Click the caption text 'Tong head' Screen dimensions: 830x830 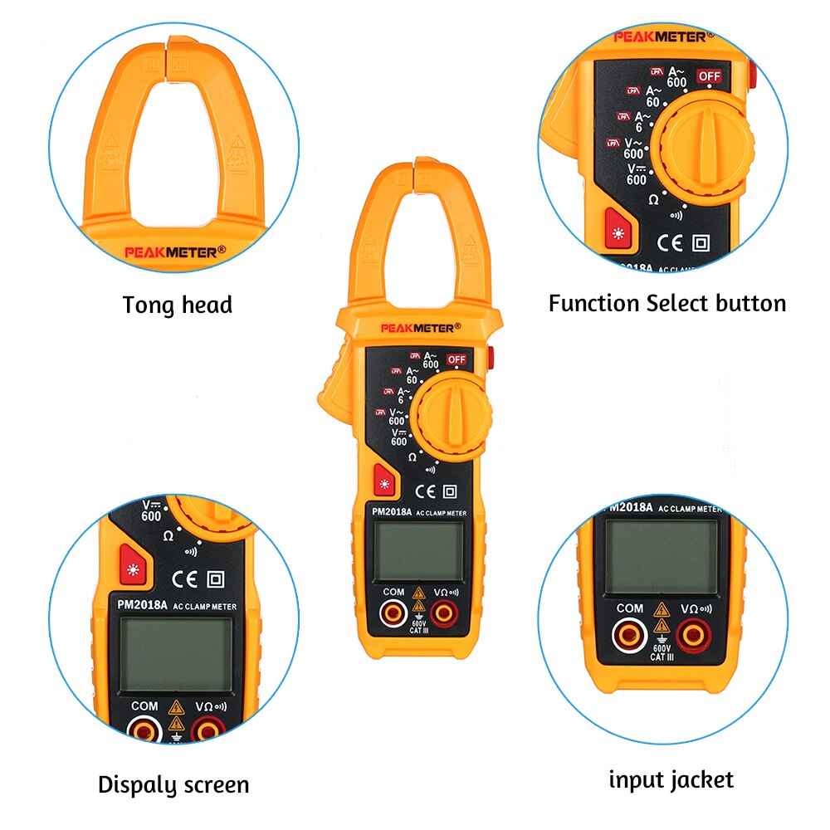(178, 305)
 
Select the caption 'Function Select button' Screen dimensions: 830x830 (666, 303)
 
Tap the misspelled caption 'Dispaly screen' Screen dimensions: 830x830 (173, 784)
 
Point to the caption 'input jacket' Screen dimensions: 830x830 (671, 779)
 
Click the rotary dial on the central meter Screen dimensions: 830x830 (453, 414)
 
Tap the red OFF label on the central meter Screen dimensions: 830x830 (456, 359)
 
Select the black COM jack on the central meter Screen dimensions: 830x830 (393, 613)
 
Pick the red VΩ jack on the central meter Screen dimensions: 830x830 (444, 613)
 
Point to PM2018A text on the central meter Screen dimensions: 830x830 (390, 512)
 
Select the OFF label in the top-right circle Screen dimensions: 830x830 (709, 76)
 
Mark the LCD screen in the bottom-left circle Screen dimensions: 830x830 (174, 655)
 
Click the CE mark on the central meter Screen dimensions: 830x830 (425, 490)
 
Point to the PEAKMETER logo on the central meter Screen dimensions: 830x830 (417, 328)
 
